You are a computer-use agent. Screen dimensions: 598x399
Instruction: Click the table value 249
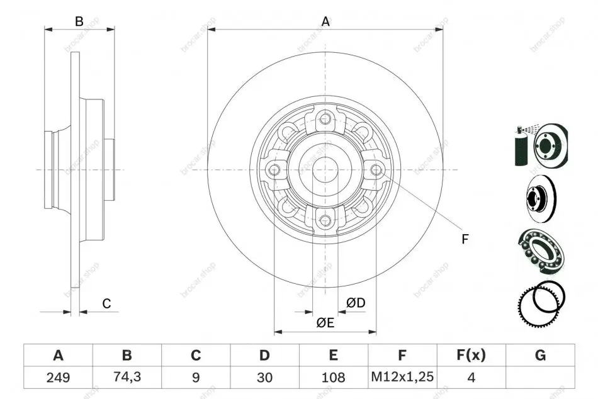pyautogui.click(x=58, y=378)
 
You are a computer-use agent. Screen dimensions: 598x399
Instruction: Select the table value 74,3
pyautogui.click(x=127, y=377)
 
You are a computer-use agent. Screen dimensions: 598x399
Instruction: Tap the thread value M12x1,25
pyautogui.click(x=402, y=377)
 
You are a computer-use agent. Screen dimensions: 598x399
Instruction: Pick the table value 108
pyautogui.click(x=334, y=378)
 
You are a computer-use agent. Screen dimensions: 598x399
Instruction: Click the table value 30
pyautogui.click(x=264, y=378)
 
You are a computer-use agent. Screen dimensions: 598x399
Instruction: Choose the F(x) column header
pyautogui.click(x=471, y=355)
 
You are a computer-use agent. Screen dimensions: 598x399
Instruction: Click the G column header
pyautogui.click(x=541, y=355)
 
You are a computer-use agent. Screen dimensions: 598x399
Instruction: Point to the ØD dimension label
pyautogui.click(x=356, y=303)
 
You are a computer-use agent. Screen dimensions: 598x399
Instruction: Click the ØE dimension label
pyautogui.click(x=325, y=323)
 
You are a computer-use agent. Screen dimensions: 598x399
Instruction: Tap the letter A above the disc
pyautogui.click(x=325, y=22)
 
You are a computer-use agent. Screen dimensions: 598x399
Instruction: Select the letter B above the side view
pyautogui.click(x=79, y=21)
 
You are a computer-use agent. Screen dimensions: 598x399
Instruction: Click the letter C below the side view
pyautogui.click(x=106, y=303)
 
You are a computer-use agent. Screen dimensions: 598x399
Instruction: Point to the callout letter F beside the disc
pyautogui.click(x=465, y=239)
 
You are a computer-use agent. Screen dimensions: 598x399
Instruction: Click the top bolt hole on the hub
pyautogui.click(x=325, y=118)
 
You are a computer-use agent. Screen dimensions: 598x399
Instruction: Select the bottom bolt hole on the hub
pyautogui.click(x=325, y=220)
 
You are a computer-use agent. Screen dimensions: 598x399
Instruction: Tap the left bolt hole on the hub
pyautogui.click(x=274, y=169)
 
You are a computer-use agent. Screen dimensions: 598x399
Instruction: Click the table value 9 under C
pyautogui.click(x=196, y=378)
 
